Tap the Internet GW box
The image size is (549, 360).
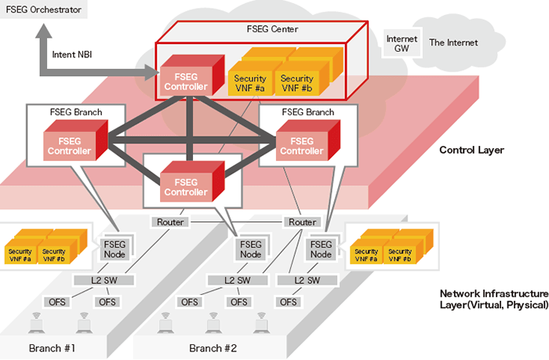[x=402, y=44]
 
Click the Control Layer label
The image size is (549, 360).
[x=471, y=150]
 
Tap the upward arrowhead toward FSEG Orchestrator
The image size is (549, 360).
[x=41, y=35]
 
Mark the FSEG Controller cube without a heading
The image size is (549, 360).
[x=185, y=186]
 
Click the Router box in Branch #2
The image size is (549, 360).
[x=302, y=222]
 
